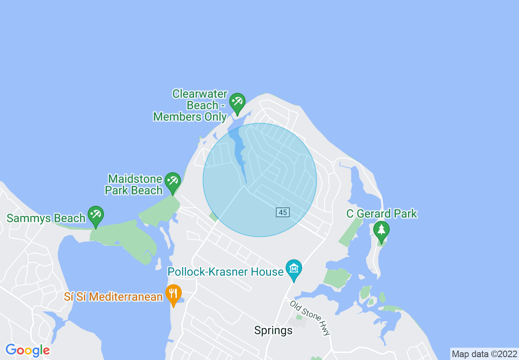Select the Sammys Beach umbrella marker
[x=96, y=215]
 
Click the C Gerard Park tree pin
[x=381, y=230]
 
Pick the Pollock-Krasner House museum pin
[x=294, y=269]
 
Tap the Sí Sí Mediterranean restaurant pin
[x=174, y=293]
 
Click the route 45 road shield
[x=283, y=212]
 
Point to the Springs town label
[x=273, y=331]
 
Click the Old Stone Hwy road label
[x=310, y=318]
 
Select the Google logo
[x=27, y=351]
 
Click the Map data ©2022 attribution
[x=484, y=354]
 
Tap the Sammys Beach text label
[x=46, y=218]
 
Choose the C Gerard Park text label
[x=381, y=214]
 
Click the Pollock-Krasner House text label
[x=226, y=272]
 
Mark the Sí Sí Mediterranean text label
[x=113, y=297]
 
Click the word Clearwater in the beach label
[x=200, y=94]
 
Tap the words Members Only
[x=190, y=117]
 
